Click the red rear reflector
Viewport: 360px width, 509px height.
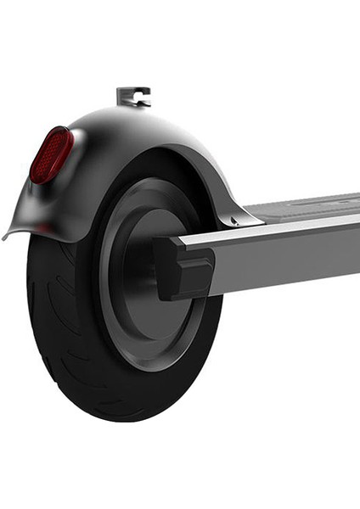(51, 155)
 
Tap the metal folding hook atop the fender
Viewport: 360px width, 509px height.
(132, 96)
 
